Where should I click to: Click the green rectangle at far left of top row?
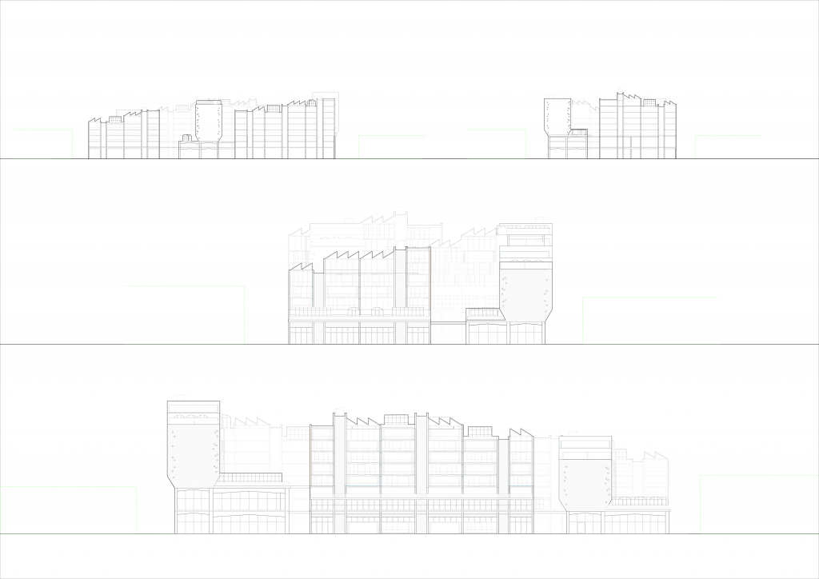pos(42,144)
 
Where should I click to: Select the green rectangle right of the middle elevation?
pos(650,321)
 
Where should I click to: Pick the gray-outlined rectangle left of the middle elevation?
pos(185,315)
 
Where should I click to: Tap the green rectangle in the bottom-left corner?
pos(68,510)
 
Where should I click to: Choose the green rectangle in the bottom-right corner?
pos(759,505)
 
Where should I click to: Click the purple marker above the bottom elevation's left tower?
pos(182,397)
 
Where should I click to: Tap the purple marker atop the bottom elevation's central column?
pos(340,411)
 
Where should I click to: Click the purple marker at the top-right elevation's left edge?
pos(551,97)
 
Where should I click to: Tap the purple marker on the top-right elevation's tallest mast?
pos(620,90)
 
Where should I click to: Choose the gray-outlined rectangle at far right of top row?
pos(729,147)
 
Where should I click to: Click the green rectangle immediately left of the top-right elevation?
pos(496,144)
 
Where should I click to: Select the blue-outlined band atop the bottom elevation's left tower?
pos(193,409)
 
